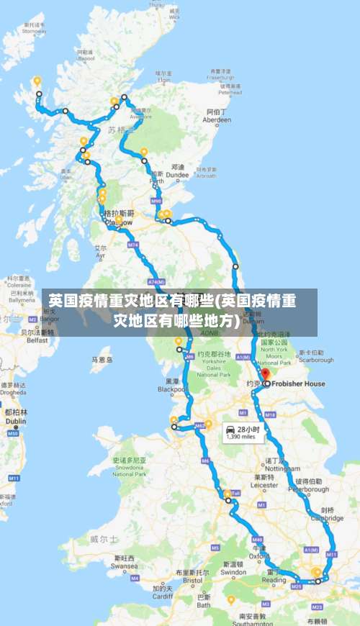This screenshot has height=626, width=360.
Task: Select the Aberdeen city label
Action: tap(217, 121)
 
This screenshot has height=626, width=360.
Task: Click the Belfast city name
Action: tap(37, 340)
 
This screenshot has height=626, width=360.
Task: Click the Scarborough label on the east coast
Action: tap(316, 360)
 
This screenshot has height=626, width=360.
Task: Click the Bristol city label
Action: tap(193, 580)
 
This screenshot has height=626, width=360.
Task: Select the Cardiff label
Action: tap(163, 596)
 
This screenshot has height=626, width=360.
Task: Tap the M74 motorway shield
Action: tap(132, 245)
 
